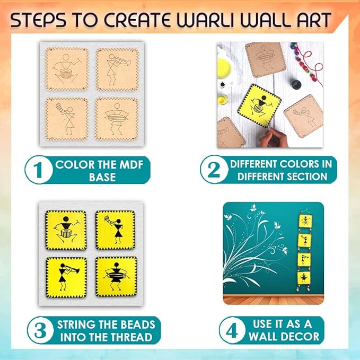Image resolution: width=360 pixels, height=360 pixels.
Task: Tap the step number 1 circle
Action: point(39,170)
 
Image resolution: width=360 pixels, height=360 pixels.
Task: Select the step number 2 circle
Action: point(214,170)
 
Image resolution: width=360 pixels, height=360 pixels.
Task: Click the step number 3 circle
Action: point(41,330)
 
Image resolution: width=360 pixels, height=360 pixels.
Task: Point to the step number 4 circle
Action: point(232,330)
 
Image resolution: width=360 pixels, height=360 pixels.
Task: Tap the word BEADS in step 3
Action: point(138,324)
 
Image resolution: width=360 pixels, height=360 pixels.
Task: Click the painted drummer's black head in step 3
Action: point(66,219)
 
